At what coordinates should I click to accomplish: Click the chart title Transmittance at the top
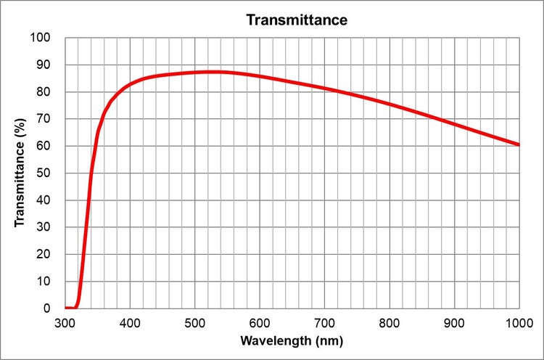[297, 20]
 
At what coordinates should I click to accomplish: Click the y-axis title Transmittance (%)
[20, 172]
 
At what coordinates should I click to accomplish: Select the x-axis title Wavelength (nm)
[292, 340]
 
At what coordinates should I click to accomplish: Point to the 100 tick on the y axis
[41, 37]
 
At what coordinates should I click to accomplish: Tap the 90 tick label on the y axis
[44, 65]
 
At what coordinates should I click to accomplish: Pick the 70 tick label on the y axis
[44, 118]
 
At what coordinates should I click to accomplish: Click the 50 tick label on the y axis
[44, 173]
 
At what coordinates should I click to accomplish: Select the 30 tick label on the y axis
[44, 227]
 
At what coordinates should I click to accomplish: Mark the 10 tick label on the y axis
[44, 281]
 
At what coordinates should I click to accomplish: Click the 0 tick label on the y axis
[48, 308]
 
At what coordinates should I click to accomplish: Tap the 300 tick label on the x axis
[65, 322]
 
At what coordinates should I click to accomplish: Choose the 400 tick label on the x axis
[130, 322]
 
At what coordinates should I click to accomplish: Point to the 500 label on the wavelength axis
[194, 322]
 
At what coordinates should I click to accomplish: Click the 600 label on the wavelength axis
[260, 322]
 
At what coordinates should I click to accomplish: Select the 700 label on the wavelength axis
[324, 322]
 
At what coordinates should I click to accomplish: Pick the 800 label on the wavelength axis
[390, 322]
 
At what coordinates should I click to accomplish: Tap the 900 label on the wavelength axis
[454, 322]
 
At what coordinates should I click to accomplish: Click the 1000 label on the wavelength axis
[518, 322]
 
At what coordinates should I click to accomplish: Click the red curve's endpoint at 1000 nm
[519, 144]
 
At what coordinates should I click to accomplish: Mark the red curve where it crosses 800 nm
[390, 105]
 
